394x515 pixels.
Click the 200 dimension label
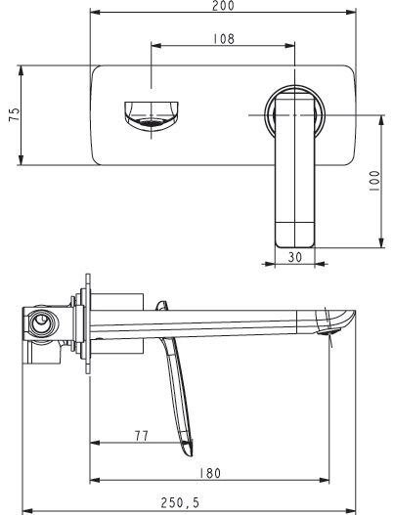[x=223, y=5]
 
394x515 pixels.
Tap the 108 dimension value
[x=224, y=39]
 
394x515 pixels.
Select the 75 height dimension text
[x=14, y=114]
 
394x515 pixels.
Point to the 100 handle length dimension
[x=374, y=181]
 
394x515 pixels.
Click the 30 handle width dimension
[x=294, y=257]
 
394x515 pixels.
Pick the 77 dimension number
[x=142, y=436]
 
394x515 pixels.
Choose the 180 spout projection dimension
[x=210, y=473]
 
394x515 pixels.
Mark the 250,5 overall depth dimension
[x=180, y=502]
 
